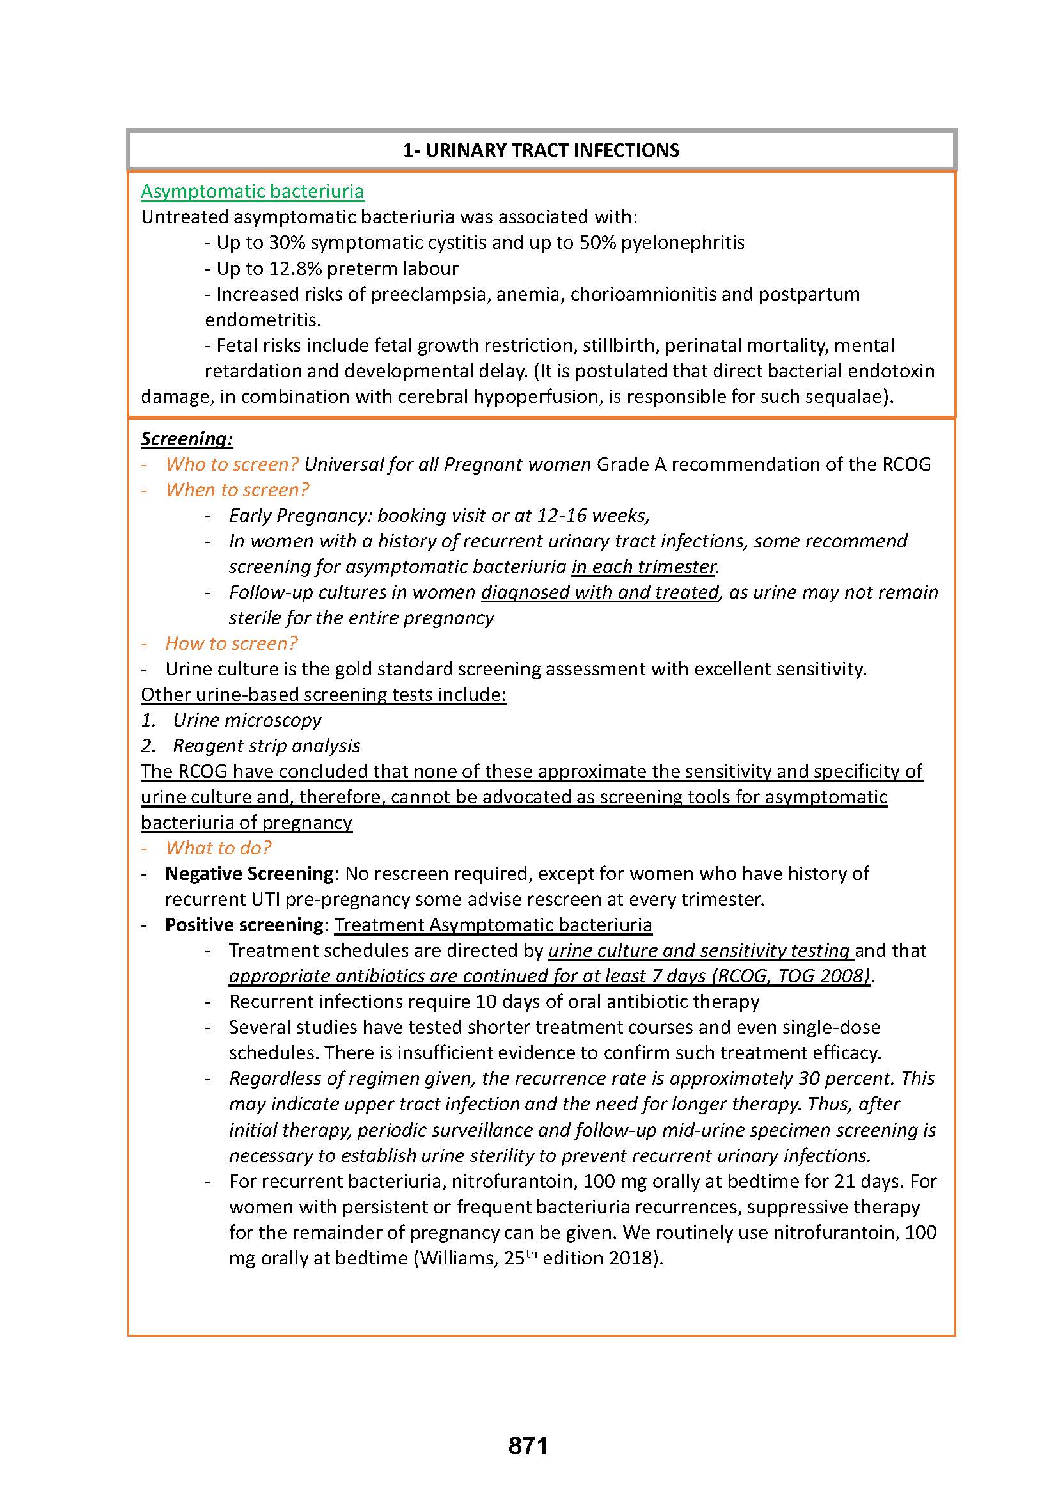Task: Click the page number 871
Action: (x=528, y=1445)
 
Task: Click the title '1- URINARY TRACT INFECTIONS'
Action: (x=541, y=150)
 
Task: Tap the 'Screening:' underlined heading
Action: (x=186, y=439)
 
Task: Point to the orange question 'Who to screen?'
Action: (x=232, y=464)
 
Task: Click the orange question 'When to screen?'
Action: (x=237, y=489)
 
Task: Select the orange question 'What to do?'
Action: (x=218, y=847)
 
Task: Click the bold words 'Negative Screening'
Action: (x=249, y=873)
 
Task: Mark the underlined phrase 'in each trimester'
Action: (x=643, y=567)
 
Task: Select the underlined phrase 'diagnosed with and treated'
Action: (x=600, y=592)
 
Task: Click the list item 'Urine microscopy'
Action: (x=247, y=720)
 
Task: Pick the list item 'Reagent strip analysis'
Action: (x=266, y=745)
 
